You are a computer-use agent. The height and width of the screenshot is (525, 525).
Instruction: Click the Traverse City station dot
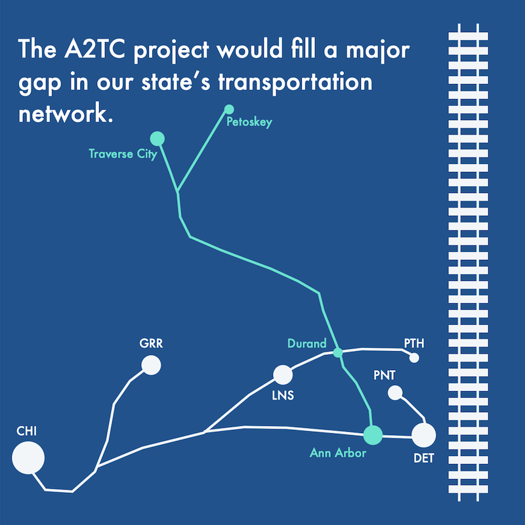tap(157, 138)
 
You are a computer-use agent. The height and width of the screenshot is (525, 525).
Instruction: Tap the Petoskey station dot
tap(229, 109)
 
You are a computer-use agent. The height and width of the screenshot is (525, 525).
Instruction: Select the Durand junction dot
tap(338, 352)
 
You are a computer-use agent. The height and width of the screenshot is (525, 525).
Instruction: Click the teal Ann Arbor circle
tap(373, 435)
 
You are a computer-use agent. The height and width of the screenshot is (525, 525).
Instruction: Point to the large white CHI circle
tap(28, 457)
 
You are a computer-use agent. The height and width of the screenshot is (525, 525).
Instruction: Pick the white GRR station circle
tap(151, 365)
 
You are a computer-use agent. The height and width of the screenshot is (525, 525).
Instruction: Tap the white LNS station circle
tap(283, 375)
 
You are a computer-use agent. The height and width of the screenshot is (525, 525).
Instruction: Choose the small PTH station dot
tap(414, 358)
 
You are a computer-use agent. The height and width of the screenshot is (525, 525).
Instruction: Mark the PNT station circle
tap(395, 392)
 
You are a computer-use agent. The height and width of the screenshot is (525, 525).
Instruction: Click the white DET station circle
tap(423, 435)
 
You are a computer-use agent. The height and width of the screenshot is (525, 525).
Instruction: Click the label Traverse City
tap(123, 154)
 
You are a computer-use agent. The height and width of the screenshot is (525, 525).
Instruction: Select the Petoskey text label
tap(249, 122)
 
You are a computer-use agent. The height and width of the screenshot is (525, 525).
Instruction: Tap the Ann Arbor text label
tap(338, 453)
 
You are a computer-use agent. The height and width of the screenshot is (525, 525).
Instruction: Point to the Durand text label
tap(306, 343)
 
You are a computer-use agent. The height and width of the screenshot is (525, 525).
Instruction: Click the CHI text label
tap(26, 431)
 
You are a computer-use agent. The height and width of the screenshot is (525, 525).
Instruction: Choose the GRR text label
tap(151, 343)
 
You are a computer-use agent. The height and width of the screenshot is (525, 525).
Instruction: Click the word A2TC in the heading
tap(94, 49)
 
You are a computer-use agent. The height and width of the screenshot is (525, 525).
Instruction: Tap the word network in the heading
tap(66, 114)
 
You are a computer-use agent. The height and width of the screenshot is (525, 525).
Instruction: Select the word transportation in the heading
tap(295, 83)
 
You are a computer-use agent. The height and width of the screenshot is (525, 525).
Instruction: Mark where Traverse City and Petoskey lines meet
tap(177, 192)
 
